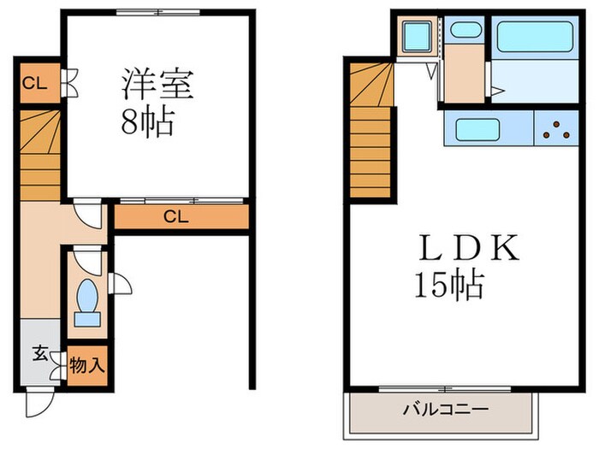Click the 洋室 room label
pos(157,86)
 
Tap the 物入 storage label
pos(86,366)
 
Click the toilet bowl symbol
pos(87,301)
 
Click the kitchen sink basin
pos(483,130)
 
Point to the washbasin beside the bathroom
pos(466,31)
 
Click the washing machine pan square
pos(418,38)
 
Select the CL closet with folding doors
pos(35,84)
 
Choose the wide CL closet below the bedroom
pos(177,217)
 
